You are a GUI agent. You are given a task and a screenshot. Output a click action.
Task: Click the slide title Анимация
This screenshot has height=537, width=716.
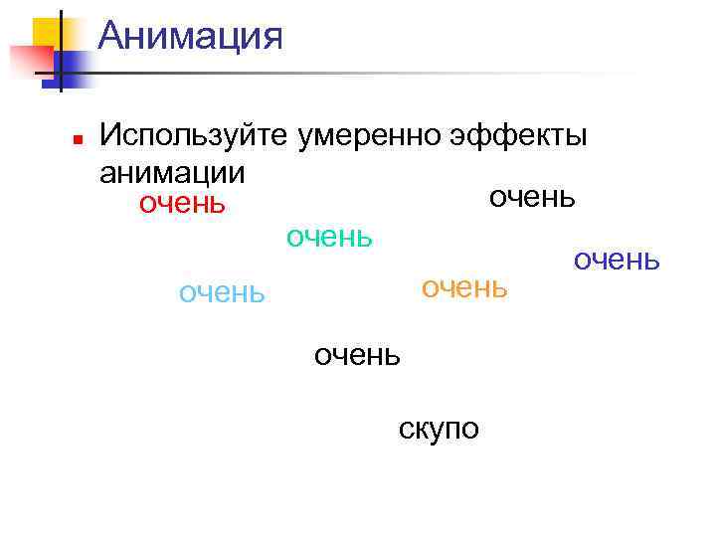point(191,38)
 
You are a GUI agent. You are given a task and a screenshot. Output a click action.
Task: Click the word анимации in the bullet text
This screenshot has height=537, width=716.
point(172,171)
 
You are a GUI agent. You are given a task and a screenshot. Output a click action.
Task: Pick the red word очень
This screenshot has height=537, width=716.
point(182,204)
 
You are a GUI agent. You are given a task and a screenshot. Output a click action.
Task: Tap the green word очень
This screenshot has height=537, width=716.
point(329,237)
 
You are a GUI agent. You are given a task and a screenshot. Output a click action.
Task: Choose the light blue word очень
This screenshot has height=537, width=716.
point(222,293)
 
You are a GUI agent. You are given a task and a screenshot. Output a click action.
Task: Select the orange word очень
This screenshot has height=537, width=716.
point(464,287)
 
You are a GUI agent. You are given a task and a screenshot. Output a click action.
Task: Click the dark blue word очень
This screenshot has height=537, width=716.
point(616,260)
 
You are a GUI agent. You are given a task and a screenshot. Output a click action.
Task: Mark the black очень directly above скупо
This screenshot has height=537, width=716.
point(357,355)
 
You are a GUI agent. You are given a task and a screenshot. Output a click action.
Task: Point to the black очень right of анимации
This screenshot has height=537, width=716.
point(532,196)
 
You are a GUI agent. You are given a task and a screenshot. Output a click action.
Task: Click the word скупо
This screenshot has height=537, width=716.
point(439,429)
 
